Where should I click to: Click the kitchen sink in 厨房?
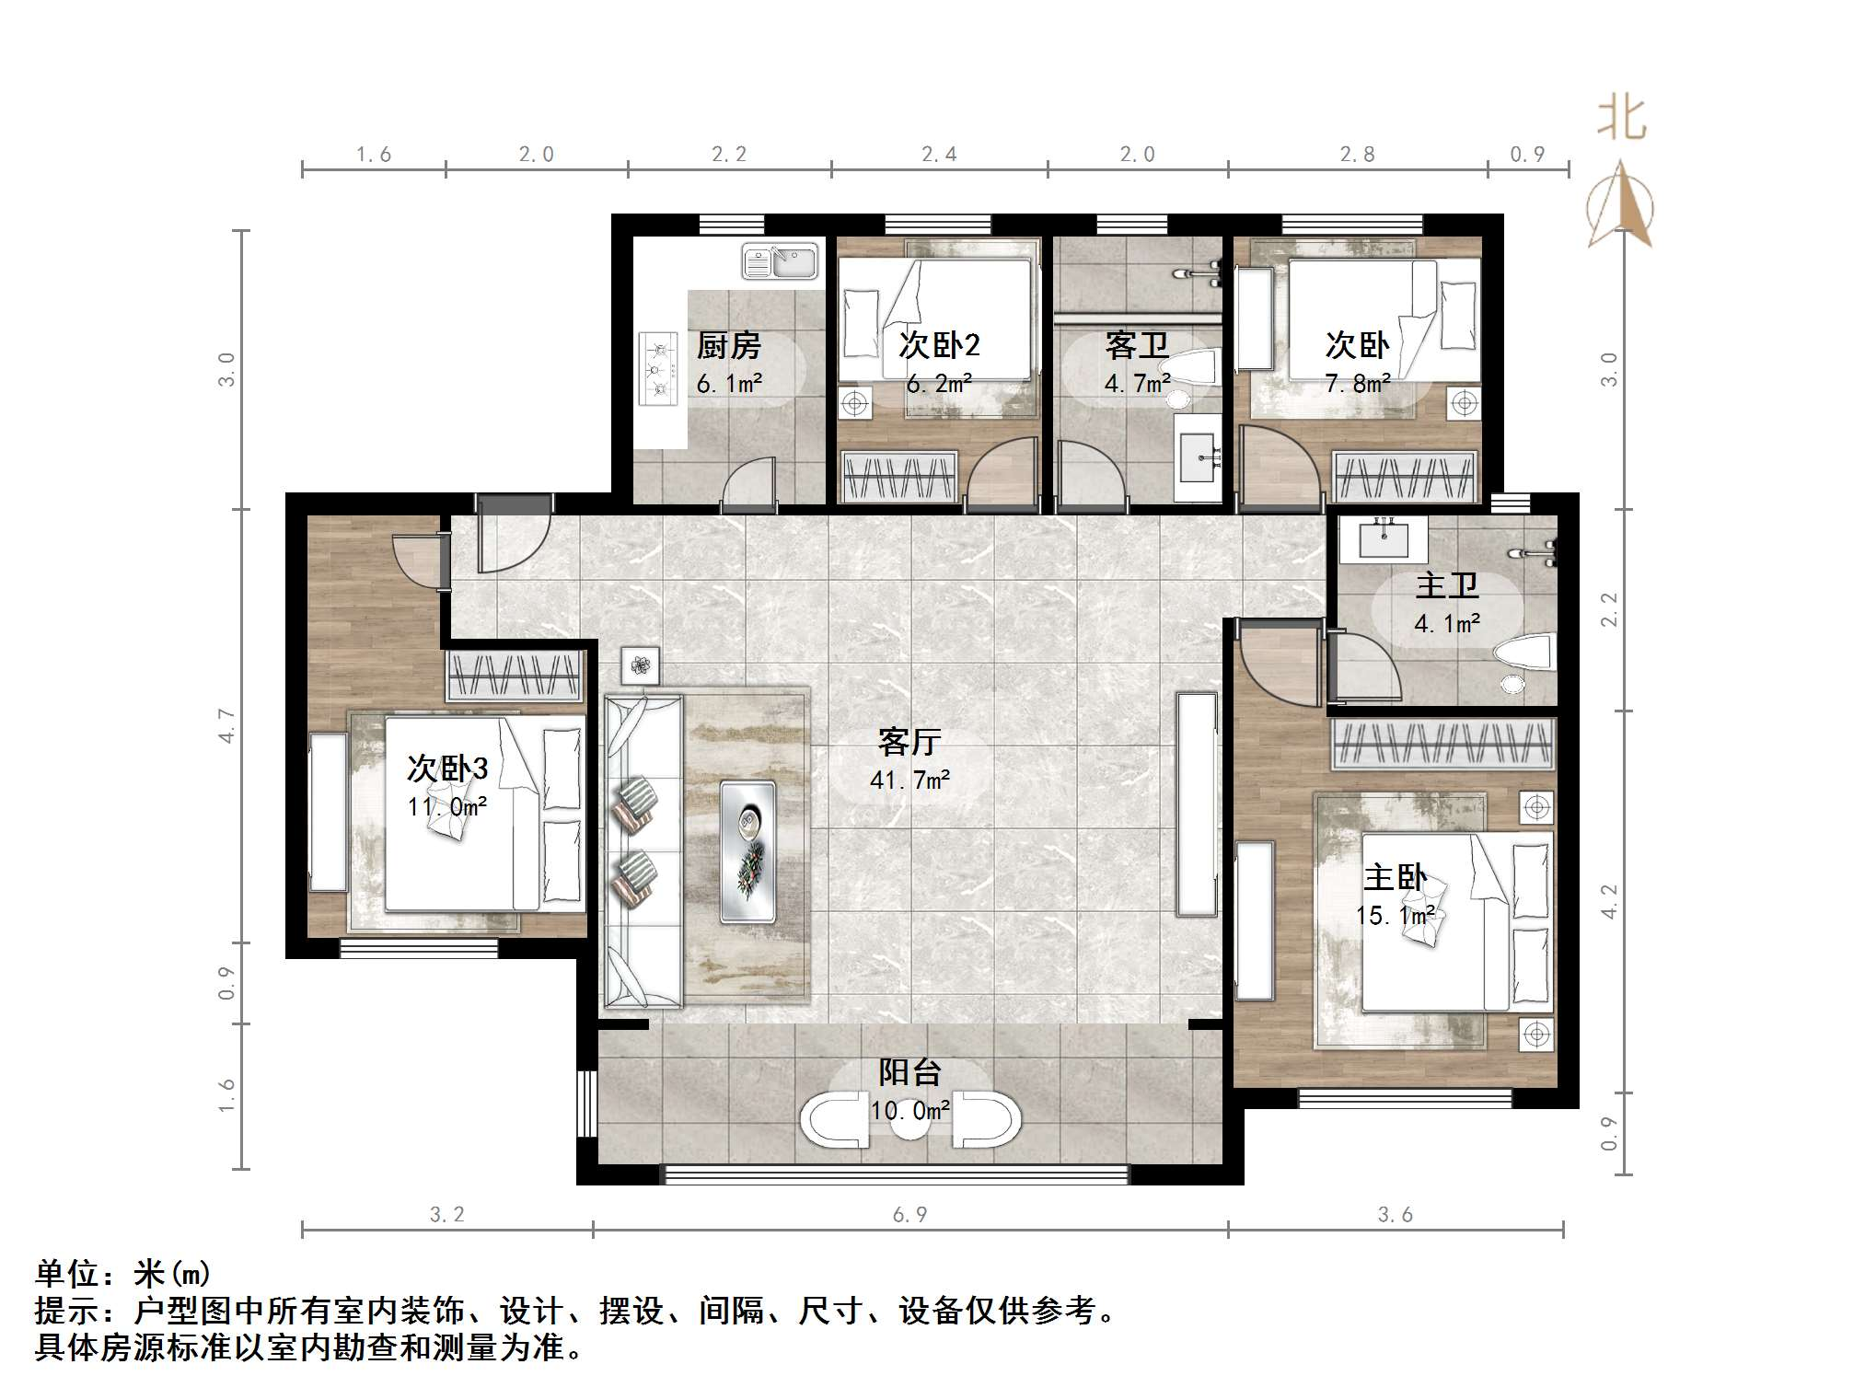coord(780,261)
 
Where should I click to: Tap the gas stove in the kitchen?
coord(658,369)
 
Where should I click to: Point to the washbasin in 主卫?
coord(1383,538)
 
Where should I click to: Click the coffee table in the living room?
coord(747,851)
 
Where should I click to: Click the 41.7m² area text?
coord(909,780)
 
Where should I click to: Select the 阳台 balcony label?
coord(909,1072)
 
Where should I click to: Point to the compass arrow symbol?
coord(1620,203)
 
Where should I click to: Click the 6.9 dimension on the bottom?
coord(909,1215)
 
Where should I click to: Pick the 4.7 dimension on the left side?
coord(226,725)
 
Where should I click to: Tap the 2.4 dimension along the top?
coord(939,155)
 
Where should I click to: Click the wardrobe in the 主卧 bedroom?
coord(1442,743)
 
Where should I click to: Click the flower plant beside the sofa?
coord(640,665)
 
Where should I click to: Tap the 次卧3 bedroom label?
coord(447,769)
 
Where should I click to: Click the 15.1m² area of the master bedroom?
coord(1395,916)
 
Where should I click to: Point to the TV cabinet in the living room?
coord(1197,804)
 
